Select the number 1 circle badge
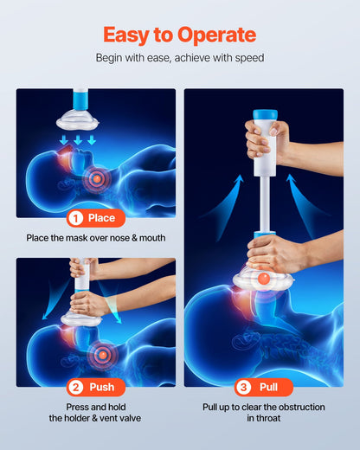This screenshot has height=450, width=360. tap(75, 217)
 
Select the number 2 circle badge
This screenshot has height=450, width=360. tap(75, 387)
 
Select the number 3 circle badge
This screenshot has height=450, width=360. tap(244, 387)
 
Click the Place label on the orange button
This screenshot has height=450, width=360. tap(101, 217)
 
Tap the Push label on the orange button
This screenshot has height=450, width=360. tap(101, 387)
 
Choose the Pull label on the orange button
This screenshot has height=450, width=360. tap(269, 387)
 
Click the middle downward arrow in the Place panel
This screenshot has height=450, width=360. tap(78, 139)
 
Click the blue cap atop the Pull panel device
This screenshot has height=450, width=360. tap(264, 114)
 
